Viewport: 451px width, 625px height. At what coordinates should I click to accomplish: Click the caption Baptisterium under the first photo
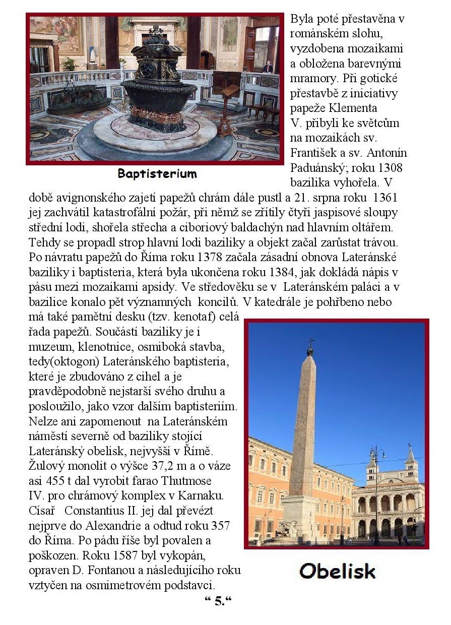(157, 174)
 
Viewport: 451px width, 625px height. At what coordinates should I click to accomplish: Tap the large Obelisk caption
(337, 571)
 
